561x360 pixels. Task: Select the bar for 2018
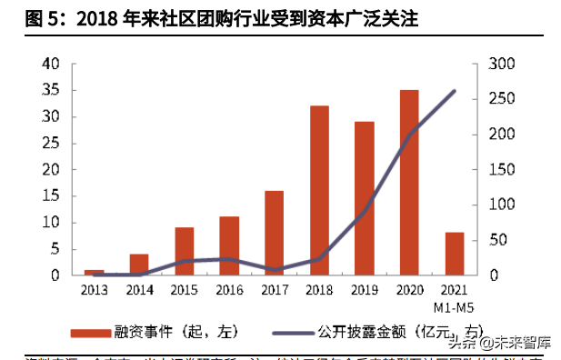click(x=319, y=191)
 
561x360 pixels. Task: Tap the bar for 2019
click(x=364, y=198)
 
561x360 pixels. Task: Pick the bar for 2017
click(x=275, y=233)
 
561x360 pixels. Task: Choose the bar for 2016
click(x=229, y=245)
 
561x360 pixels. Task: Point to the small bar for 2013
click(x=95, y=272)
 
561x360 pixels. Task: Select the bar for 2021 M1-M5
click(x=454, y=254)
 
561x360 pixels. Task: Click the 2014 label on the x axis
click(x=139, y=290)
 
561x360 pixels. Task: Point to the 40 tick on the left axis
click(x=51, y=65)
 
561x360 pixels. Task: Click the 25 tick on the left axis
click(x=51, y=144)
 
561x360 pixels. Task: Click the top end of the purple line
click(x=454, y=91)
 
